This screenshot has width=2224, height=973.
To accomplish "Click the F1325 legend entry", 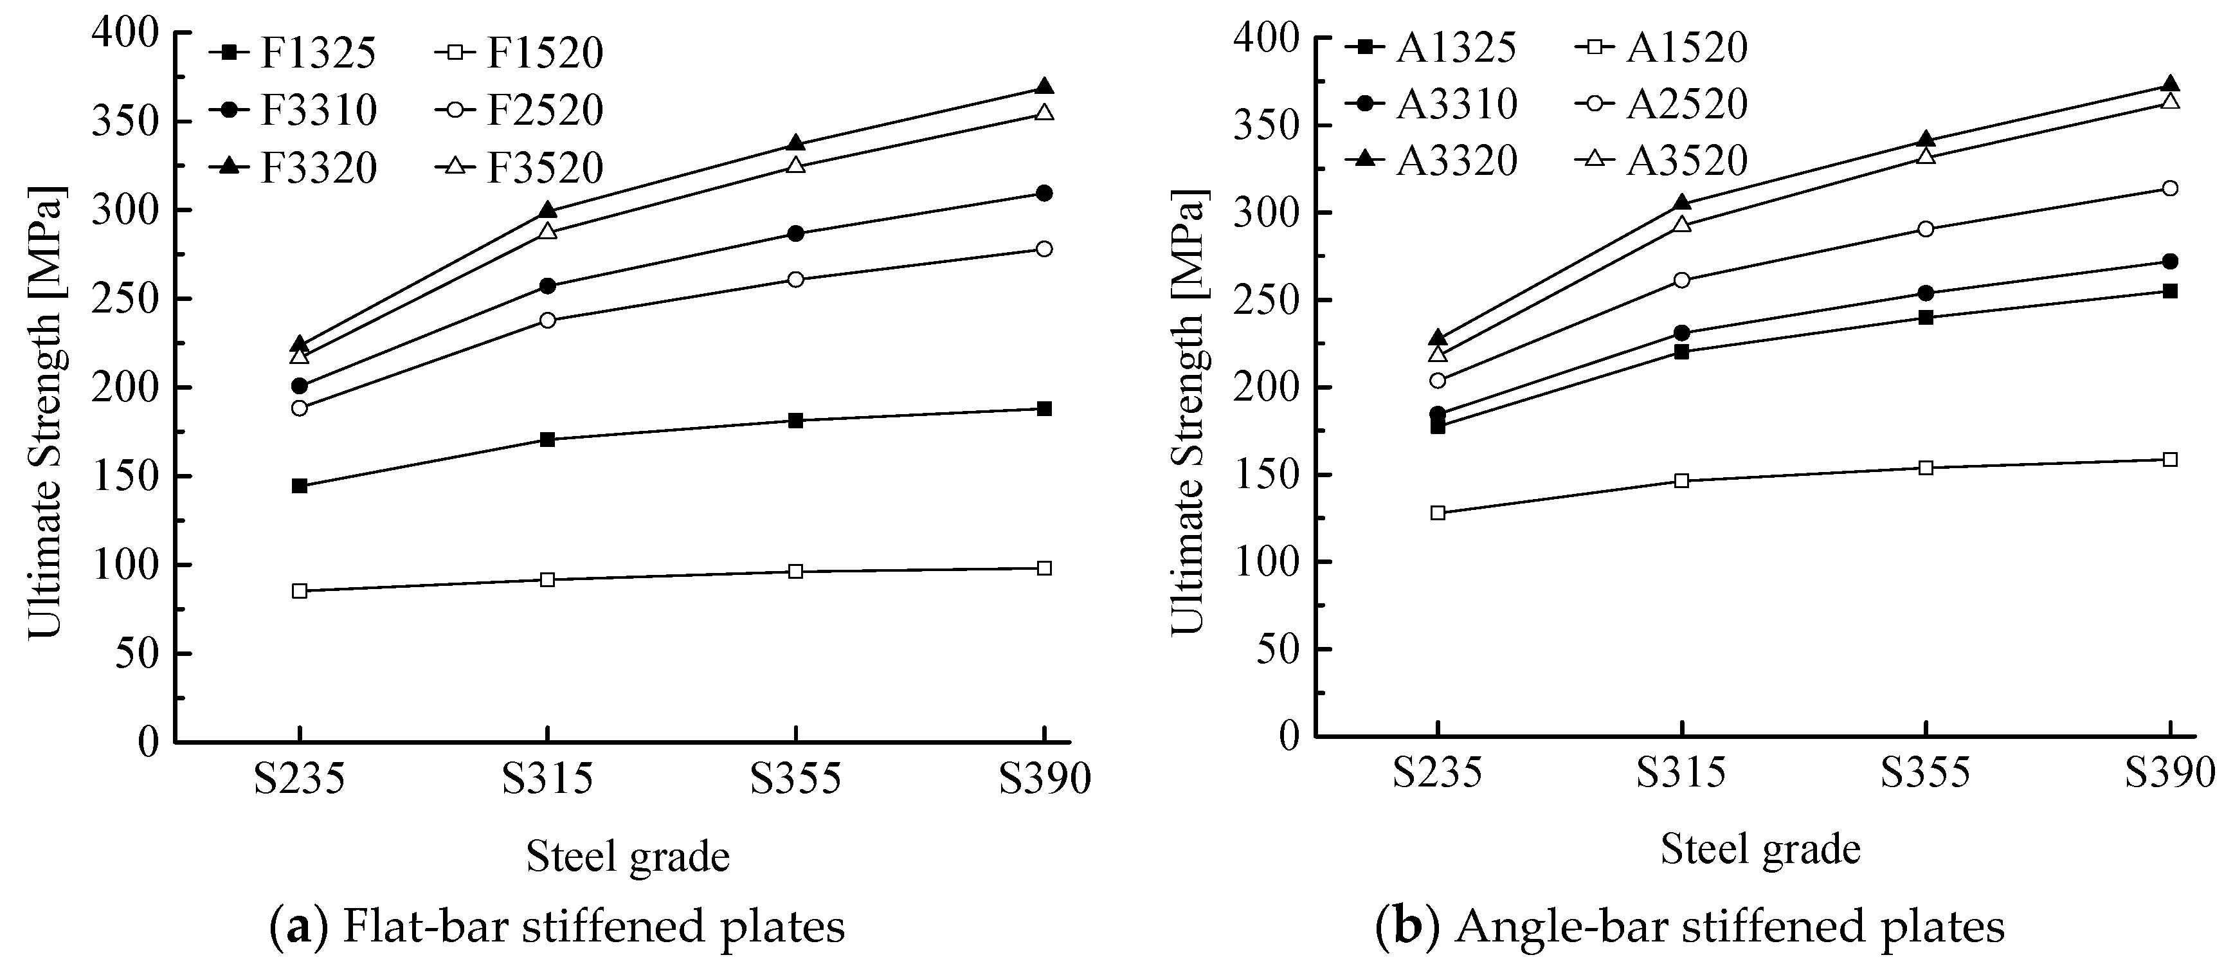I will tap(294, 53).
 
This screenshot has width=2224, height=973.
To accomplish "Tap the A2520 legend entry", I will tap(1663, 104).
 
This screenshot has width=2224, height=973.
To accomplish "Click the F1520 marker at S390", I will tap(1044, 568).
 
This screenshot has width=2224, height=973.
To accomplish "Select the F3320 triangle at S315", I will tap(547, 211).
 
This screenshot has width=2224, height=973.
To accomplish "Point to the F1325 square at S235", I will tap(300, 486).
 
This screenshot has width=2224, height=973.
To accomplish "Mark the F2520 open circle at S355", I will tap(795, 280).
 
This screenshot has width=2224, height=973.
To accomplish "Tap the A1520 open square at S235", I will tap(1438, 513).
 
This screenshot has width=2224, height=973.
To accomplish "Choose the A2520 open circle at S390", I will tap(2169, 189).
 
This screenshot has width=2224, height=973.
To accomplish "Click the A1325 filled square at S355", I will tap(1925, 317).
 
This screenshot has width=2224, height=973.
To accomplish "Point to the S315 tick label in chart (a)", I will tap(547, 779).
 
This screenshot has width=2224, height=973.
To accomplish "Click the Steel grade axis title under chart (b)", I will tap(1760, 850).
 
